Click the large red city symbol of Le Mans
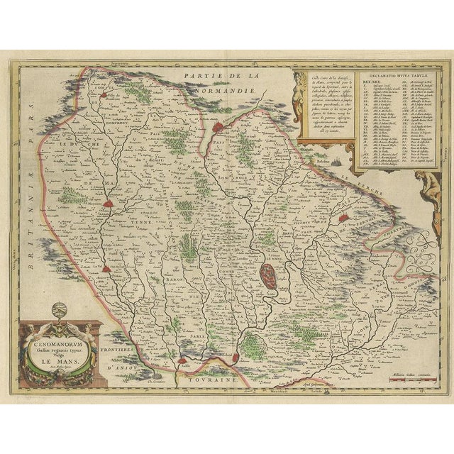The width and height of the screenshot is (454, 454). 268,275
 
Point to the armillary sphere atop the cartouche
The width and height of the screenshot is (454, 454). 60,311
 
